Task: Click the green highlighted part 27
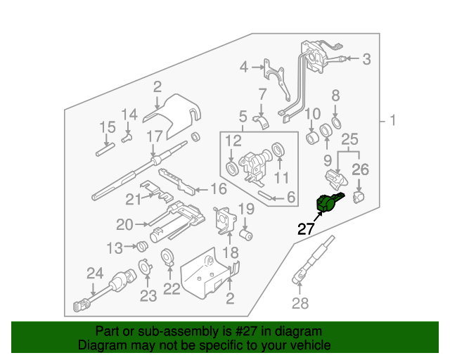[x=328, y=202]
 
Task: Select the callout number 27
[x=306, y=229]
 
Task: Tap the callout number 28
[x=300, y=304]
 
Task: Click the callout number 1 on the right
[x=392, y=121]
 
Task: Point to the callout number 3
[x=366, y=60]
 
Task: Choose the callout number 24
[x=95, y=273]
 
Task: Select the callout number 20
[x=124, y=225]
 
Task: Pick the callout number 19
[x=245, y=208]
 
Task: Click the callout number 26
[x=360, y=169]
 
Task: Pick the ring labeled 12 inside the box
[x=231, y=169]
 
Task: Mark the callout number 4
[x=243, y=67]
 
